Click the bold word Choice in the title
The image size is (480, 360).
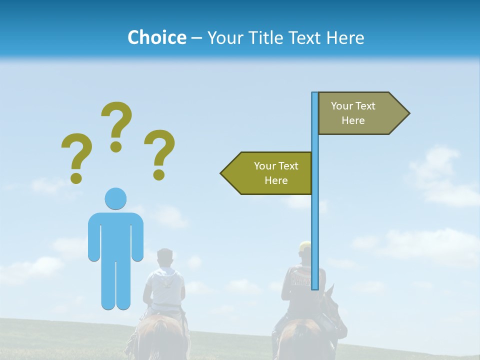[x=156, y=37]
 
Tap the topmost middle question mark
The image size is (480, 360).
[x=116, y=125]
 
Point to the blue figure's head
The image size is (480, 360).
[x=115, y=198]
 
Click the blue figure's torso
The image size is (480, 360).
[x=115, y=235]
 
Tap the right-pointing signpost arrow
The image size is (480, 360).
[x=360, y=113]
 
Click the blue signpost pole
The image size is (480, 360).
[x=315, y=225]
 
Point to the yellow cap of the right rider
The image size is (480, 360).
[x=304, y=245]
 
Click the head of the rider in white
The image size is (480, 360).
[x=164, y=258]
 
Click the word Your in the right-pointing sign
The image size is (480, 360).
[x=342, y=106]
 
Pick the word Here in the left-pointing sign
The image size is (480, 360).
[x=276, y=180]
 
